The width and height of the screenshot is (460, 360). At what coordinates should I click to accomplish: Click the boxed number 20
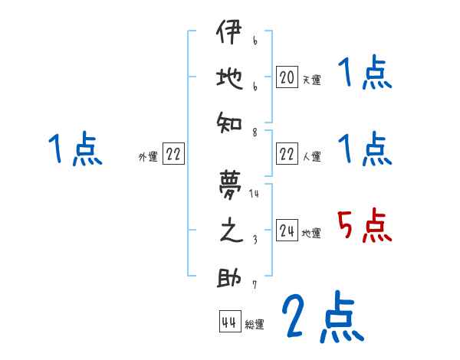(287, 77)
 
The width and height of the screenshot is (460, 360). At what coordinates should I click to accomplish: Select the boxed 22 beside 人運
(287, 155)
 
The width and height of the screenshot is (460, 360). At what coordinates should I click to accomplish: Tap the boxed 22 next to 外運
(173, 155)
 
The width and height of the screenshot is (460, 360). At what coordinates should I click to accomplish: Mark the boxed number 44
(228, 322)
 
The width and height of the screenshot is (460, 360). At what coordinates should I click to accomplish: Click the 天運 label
(311, 80)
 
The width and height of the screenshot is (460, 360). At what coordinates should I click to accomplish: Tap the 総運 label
(254, 325)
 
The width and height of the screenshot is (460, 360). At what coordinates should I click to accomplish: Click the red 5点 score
(364, 227)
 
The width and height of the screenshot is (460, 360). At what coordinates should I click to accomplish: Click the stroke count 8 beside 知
(255, 132)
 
